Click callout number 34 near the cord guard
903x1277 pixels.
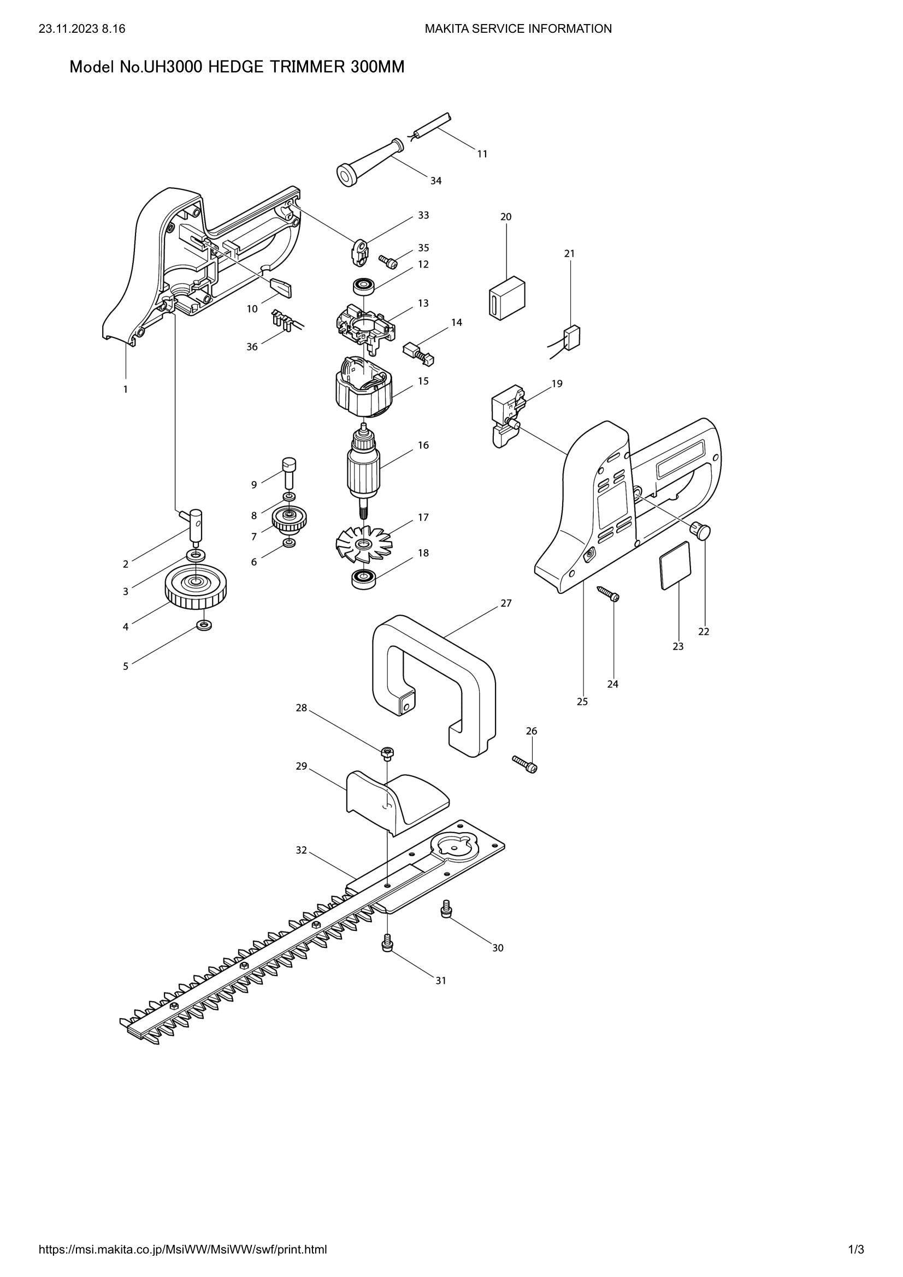coord(435,181)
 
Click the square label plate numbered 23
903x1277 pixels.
coord(675,565)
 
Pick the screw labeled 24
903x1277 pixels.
coord(609,593)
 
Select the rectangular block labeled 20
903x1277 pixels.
coord(507,299)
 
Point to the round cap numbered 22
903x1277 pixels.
coord(702,531)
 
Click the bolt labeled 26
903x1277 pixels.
coord(524,764)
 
